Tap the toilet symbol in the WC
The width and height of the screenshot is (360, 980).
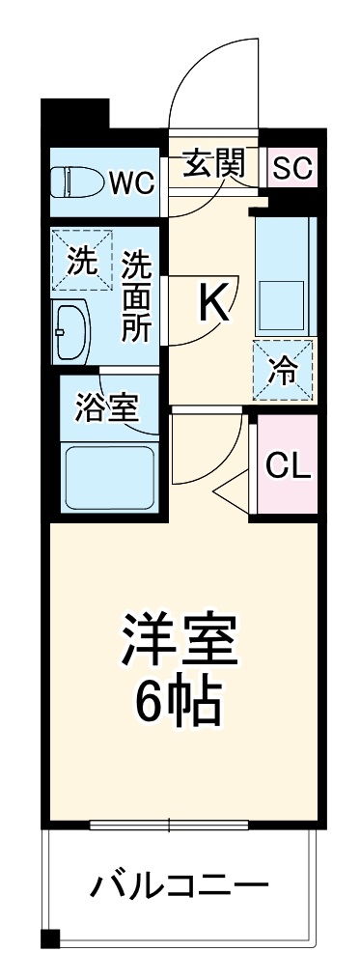(x=78, y=180)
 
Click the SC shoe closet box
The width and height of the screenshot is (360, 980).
(x=291, y=169)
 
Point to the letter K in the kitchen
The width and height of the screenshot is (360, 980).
(x=214, y=304)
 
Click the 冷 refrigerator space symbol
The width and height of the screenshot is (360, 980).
(x=283, y=370)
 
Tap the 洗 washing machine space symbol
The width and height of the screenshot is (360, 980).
(x=81, y=261)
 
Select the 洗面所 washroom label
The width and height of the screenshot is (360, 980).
(x=136, y=294)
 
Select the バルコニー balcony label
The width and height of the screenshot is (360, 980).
(x=180, y=884)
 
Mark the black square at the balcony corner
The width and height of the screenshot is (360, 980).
(x=50, y=937)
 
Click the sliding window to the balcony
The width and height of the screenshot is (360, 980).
(x=170, y=826)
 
